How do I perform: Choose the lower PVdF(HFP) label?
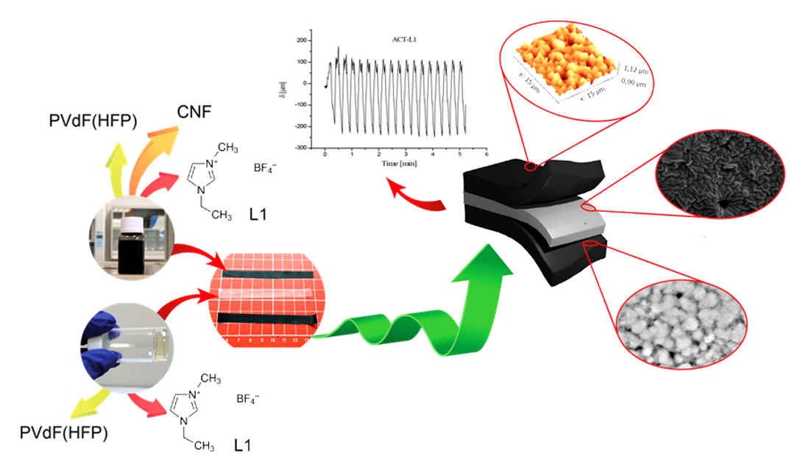click(x=64, y=432)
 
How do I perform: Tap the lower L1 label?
click(x=242, y=446)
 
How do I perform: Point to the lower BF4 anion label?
click(x=248, y=400)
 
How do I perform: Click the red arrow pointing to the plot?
click(x=415, y=196)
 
